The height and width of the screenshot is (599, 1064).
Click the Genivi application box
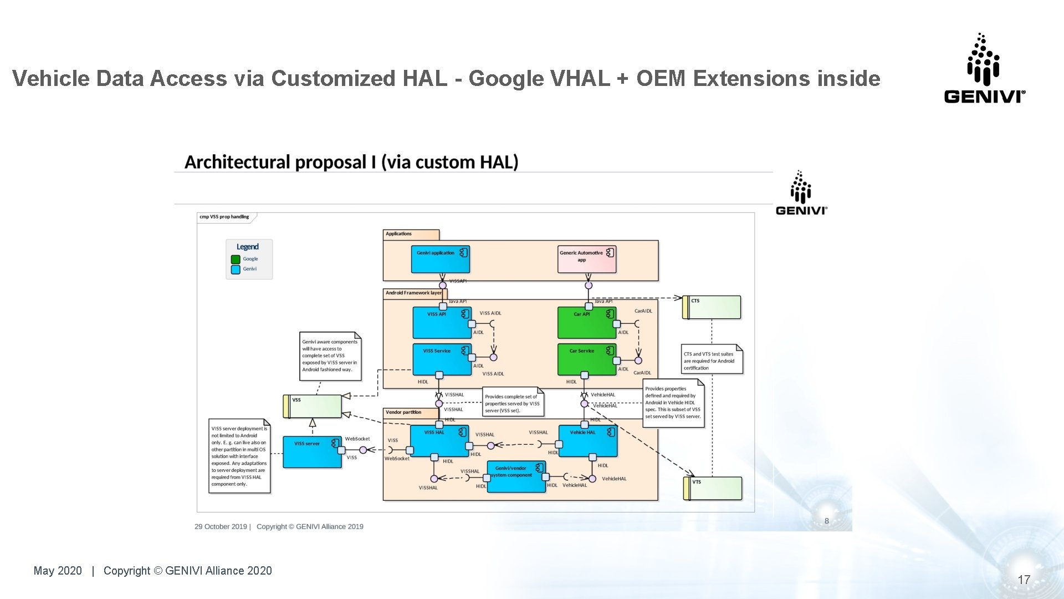pos(440,260)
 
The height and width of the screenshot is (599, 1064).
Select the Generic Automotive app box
pos(586,260)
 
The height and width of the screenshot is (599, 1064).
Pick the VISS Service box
pos(441,359)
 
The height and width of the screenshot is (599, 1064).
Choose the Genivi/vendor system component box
pos(516,476)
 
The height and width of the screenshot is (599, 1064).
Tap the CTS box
pos(712,307)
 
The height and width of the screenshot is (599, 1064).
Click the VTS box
pos(713,489)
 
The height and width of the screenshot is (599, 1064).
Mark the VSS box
pos(313,407)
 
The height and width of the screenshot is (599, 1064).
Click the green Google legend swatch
pos(236,259)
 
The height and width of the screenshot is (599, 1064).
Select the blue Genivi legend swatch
pos(236,270)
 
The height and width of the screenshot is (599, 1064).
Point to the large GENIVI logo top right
pos(984,69)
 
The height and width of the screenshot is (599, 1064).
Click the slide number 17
pos(1024,580)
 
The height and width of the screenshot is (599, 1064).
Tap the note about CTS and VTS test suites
pos(711,361)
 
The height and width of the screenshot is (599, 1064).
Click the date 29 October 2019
pos(221,526)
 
